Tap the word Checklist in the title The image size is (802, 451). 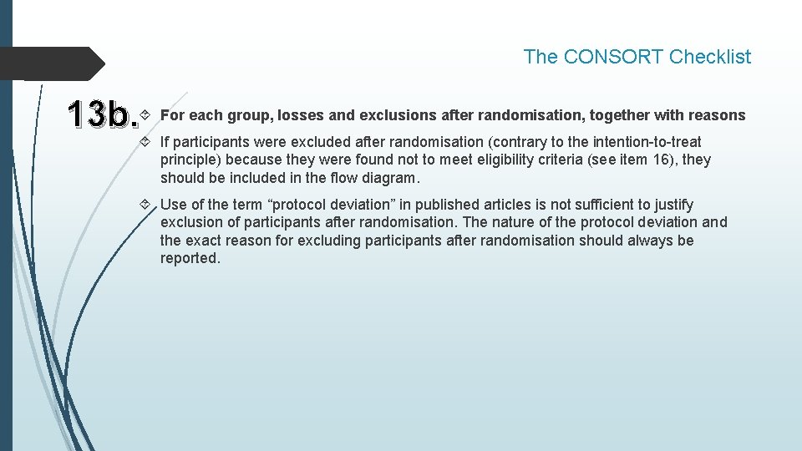tap(710, 57)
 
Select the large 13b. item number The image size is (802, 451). tap(102, 115)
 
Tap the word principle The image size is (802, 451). tap(190, 160)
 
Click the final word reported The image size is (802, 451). tap(190, 258)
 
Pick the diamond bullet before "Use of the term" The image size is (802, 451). tap(147, 205)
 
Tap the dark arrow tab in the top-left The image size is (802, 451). tap(50, 63)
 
